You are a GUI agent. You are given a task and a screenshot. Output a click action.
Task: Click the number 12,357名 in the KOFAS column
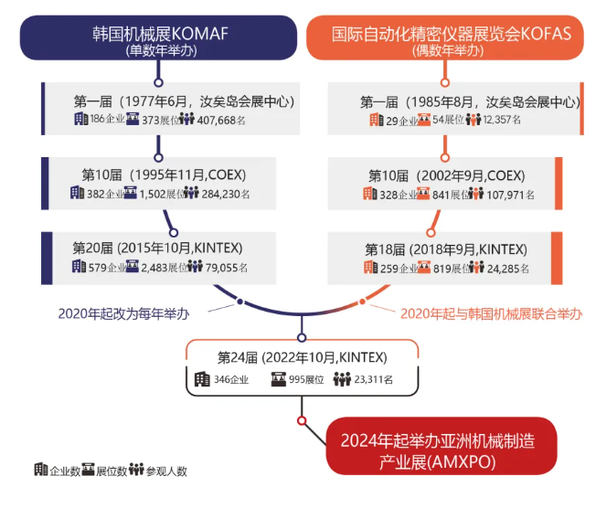point(497,120)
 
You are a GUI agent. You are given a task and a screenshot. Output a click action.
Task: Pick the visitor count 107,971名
point(506,195)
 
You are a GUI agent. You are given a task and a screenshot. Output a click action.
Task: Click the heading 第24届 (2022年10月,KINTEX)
point(302,356)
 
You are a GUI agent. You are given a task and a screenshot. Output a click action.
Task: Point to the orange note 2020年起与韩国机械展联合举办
point(492,313)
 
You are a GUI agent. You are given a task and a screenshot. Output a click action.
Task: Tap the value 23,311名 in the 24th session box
point(371,379)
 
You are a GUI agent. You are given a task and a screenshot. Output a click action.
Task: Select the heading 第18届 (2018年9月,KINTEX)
point(445,249)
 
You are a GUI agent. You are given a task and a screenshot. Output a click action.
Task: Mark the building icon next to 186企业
point(81,119)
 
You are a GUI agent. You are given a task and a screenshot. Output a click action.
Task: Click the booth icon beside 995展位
point(277,379)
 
